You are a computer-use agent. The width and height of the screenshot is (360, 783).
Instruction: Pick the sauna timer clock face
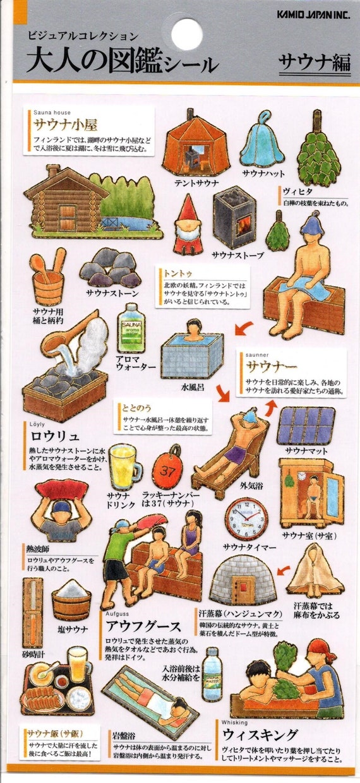tap(246, 519)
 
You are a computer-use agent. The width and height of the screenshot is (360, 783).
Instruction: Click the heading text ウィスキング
tap(260, 734)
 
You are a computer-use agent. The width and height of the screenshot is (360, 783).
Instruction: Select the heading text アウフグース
tap(143, 626)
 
